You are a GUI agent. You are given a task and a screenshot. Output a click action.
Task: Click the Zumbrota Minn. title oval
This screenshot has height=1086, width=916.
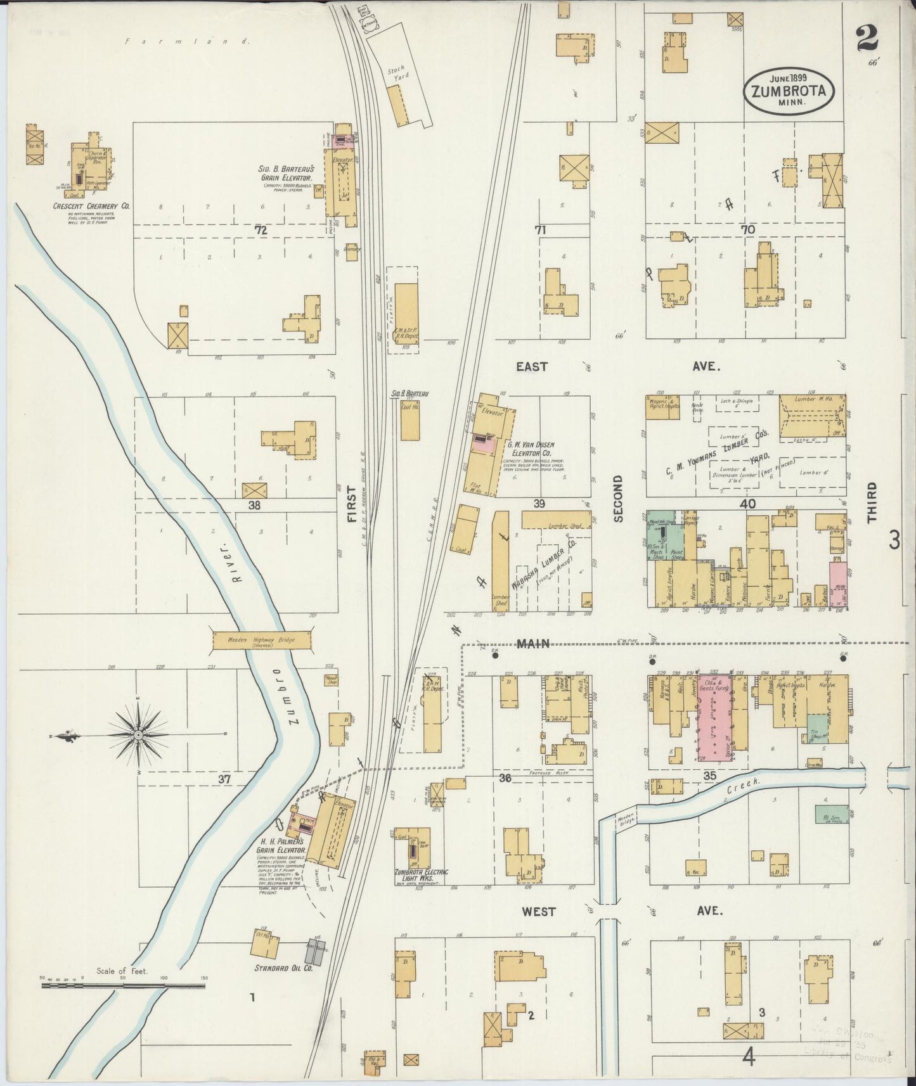(x=789, y=90)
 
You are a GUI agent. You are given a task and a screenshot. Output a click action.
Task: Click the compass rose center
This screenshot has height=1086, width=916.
(x=138, y=735)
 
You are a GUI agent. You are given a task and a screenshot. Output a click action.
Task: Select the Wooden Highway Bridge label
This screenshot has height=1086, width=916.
(x=261, y=640)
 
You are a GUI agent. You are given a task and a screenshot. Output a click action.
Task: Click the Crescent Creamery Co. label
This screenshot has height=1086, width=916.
(x=91, y=206)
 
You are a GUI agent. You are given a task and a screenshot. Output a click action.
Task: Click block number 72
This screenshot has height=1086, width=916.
(x=261, y=231)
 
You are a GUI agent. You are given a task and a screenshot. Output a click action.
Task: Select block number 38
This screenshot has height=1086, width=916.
(x=254, y=505)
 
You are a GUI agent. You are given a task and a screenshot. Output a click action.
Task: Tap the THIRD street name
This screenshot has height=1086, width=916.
(x=872, y=502)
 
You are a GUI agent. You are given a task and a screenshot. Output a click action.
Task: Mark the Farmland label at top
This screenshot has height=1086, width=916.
(x=188, y=41)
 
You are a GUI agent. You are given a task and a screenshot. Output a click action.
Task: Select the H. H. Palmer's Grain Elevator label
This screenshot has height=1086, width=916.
(x=281, y=846)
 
